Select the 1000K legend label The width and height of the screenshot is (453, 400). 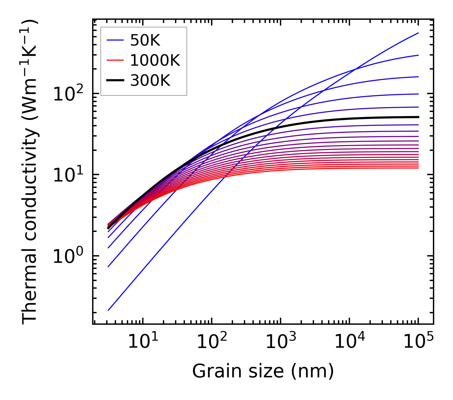click(x=155, y=60)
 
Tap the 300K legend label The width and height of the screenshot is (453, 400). click(x=150, y=81)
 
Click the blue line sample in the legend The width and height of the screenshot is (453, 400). click(x=115, y=40)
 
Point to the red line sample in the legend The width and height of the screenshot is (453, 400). click(x=115, y=60)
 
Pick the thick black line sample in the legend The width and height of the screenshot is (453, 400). click(x=115, y=81)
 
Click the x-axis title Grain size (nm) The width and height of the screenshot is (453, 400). click(x=263, y=371)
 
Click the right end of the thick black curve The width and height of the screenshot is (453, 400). click(x=418, y=117)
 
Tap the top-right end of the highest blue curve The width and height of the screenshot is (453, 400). click(x=418, y=33)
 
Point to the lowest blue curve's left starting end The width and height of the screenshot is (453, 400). click(x=108, y=310)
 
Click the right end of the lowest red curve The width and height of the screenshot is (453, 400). click(x=418, y=168)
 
